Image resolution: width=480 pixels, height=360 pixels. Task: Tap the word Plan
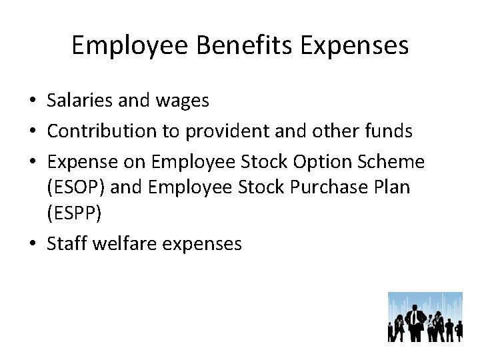tap(394, 187)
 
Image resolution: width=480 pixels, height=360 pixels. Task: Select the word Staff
tap(66, 244)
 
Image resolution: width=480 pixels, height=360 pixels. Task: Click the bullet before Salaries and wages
tap(33, 101)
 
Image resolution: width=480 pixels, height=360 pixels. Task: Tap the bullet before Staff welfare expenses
tap(33, 245)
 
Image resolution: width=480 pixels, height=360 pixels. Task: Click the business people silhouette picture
tap(425, 317)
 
